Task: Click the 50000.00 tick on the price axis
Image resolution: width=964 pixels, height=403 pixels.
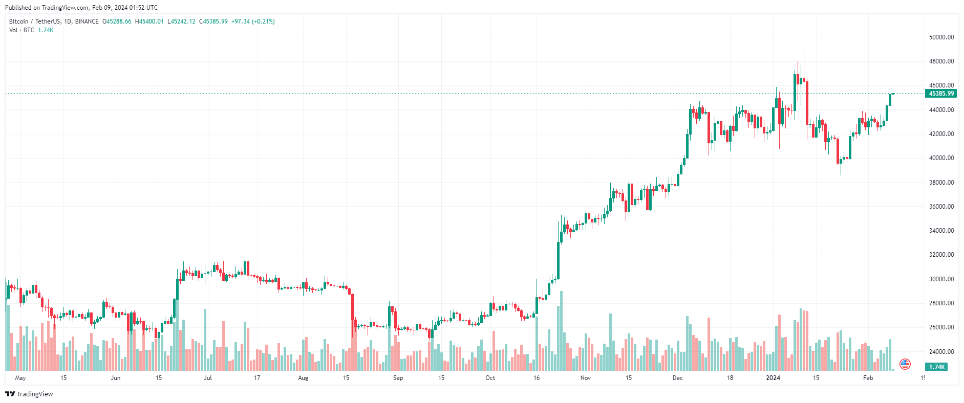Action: (941, 37)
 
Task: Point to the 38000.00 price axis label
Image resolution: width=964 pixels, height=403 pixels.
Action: (941, 183)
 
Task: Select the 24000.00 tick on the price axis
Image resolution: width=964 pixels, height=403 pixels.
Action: (941, 352)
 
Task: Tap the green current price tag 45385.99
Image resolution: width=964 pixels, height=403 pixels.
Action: (941, 94)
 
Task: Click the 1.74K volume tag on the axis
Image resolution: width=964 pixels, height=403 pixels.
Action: (936, 367)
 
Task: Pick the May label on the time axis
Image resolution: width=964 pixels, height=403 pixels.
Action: (20, 378)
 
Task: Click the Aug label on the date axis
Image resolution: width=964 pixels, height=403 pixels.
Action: (303, 378)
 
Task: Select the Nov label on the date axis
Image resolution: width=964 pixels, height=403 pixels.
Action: (586, 378)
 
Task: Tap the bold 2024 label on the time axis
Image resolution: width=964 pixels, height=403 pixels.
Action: (773, 378)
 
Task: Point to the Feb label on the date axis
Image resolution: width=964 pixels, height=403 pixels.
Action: (868, 378)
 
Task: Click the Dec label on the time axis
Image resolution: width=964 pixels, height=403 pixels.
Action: (677, 378)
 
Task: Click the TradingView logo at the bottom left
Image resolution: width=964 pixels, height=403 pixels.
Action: (29, 394)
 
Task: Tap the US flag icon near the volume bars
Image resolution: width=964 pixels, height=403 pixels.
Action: (905, 364)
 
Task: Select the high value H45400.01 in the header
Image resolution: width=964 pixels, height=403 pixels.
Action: (149, 21)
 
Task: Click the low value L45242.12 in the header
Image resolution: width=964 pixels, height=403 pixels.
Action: (181, 21)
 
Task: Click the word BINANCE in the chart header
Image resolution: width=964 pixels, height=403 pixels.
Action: (87, 21)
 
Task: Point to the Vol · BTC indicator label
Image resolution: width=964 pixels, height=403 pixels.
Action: (22, 30)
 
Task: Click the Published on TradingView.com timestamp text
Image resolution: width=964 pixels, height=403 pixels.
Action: (81, 8)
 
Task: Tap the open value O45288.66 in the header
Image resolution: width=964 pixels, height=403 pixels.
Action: (117, 21)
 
